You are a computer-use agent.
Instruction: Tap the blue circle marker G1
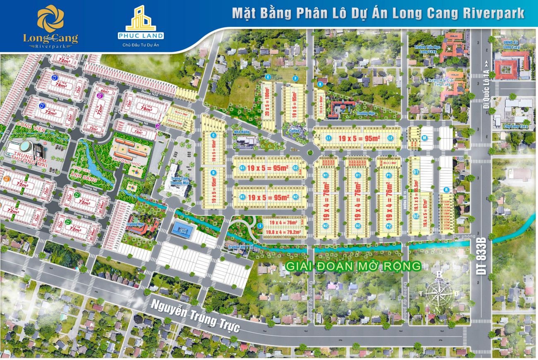coord(243,168)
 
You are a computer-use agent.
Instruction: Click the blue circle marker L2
coord(390,138)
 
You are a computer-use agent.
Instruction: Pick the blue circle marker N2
coord(326,226)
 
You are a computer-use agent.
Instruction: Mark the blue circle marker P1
coord(389,175)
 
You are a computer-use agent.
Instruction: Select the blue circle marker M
coord(424,138)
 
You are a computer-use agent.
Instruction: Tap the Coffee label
coord(294,131)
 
